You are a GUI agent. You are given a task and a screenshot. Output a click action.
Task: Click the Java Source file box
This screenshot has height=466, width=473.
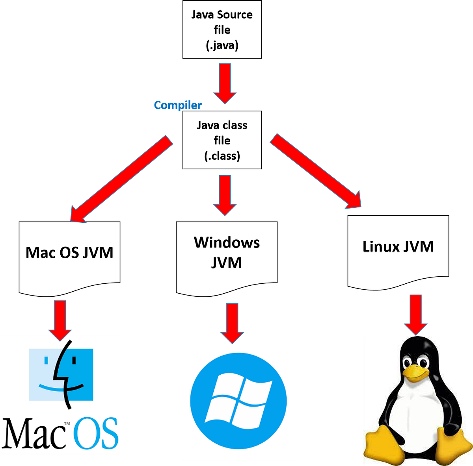[222, 30]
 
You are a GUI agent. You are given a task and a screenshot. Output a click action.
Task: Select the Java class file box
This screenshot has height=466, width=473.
[222, 140]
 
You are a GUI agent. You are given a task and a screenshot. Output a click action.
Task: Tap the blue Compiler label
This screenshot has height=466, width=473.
[178, 105]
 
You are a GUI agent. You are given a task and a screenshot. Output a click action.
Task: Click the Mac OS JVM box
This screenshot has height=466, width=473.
[69, 256]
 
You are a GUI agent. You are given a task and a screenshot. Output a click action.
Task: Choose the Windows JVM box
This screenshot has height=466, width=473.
[227, 256]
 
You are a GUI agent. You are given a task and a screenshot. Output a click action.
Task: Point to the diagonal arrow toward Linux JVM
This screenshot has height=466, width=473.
[315, 171]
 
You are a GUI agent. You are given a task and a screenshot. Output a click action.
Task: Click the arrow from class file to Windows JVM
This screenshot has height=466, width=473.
[225, 195]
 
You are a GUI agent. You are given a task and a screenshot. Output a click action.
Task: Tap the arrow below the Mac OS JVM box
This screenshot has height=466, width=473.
[60, 319]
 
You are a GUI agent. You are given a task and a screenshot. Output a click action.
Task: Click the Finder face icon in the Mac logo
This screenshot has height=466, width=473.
[61, 374]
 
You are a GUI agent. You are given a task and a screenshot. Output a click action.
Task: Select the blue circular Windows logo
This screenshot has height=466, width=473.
[238, 401]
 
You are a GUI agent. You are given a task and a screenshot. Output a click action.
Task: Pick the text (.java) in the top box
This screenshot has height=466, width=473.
[222, 45]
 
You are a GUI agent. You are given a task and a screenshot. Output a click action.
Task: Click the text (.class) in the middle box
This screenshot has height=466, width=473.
[222, 156]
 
